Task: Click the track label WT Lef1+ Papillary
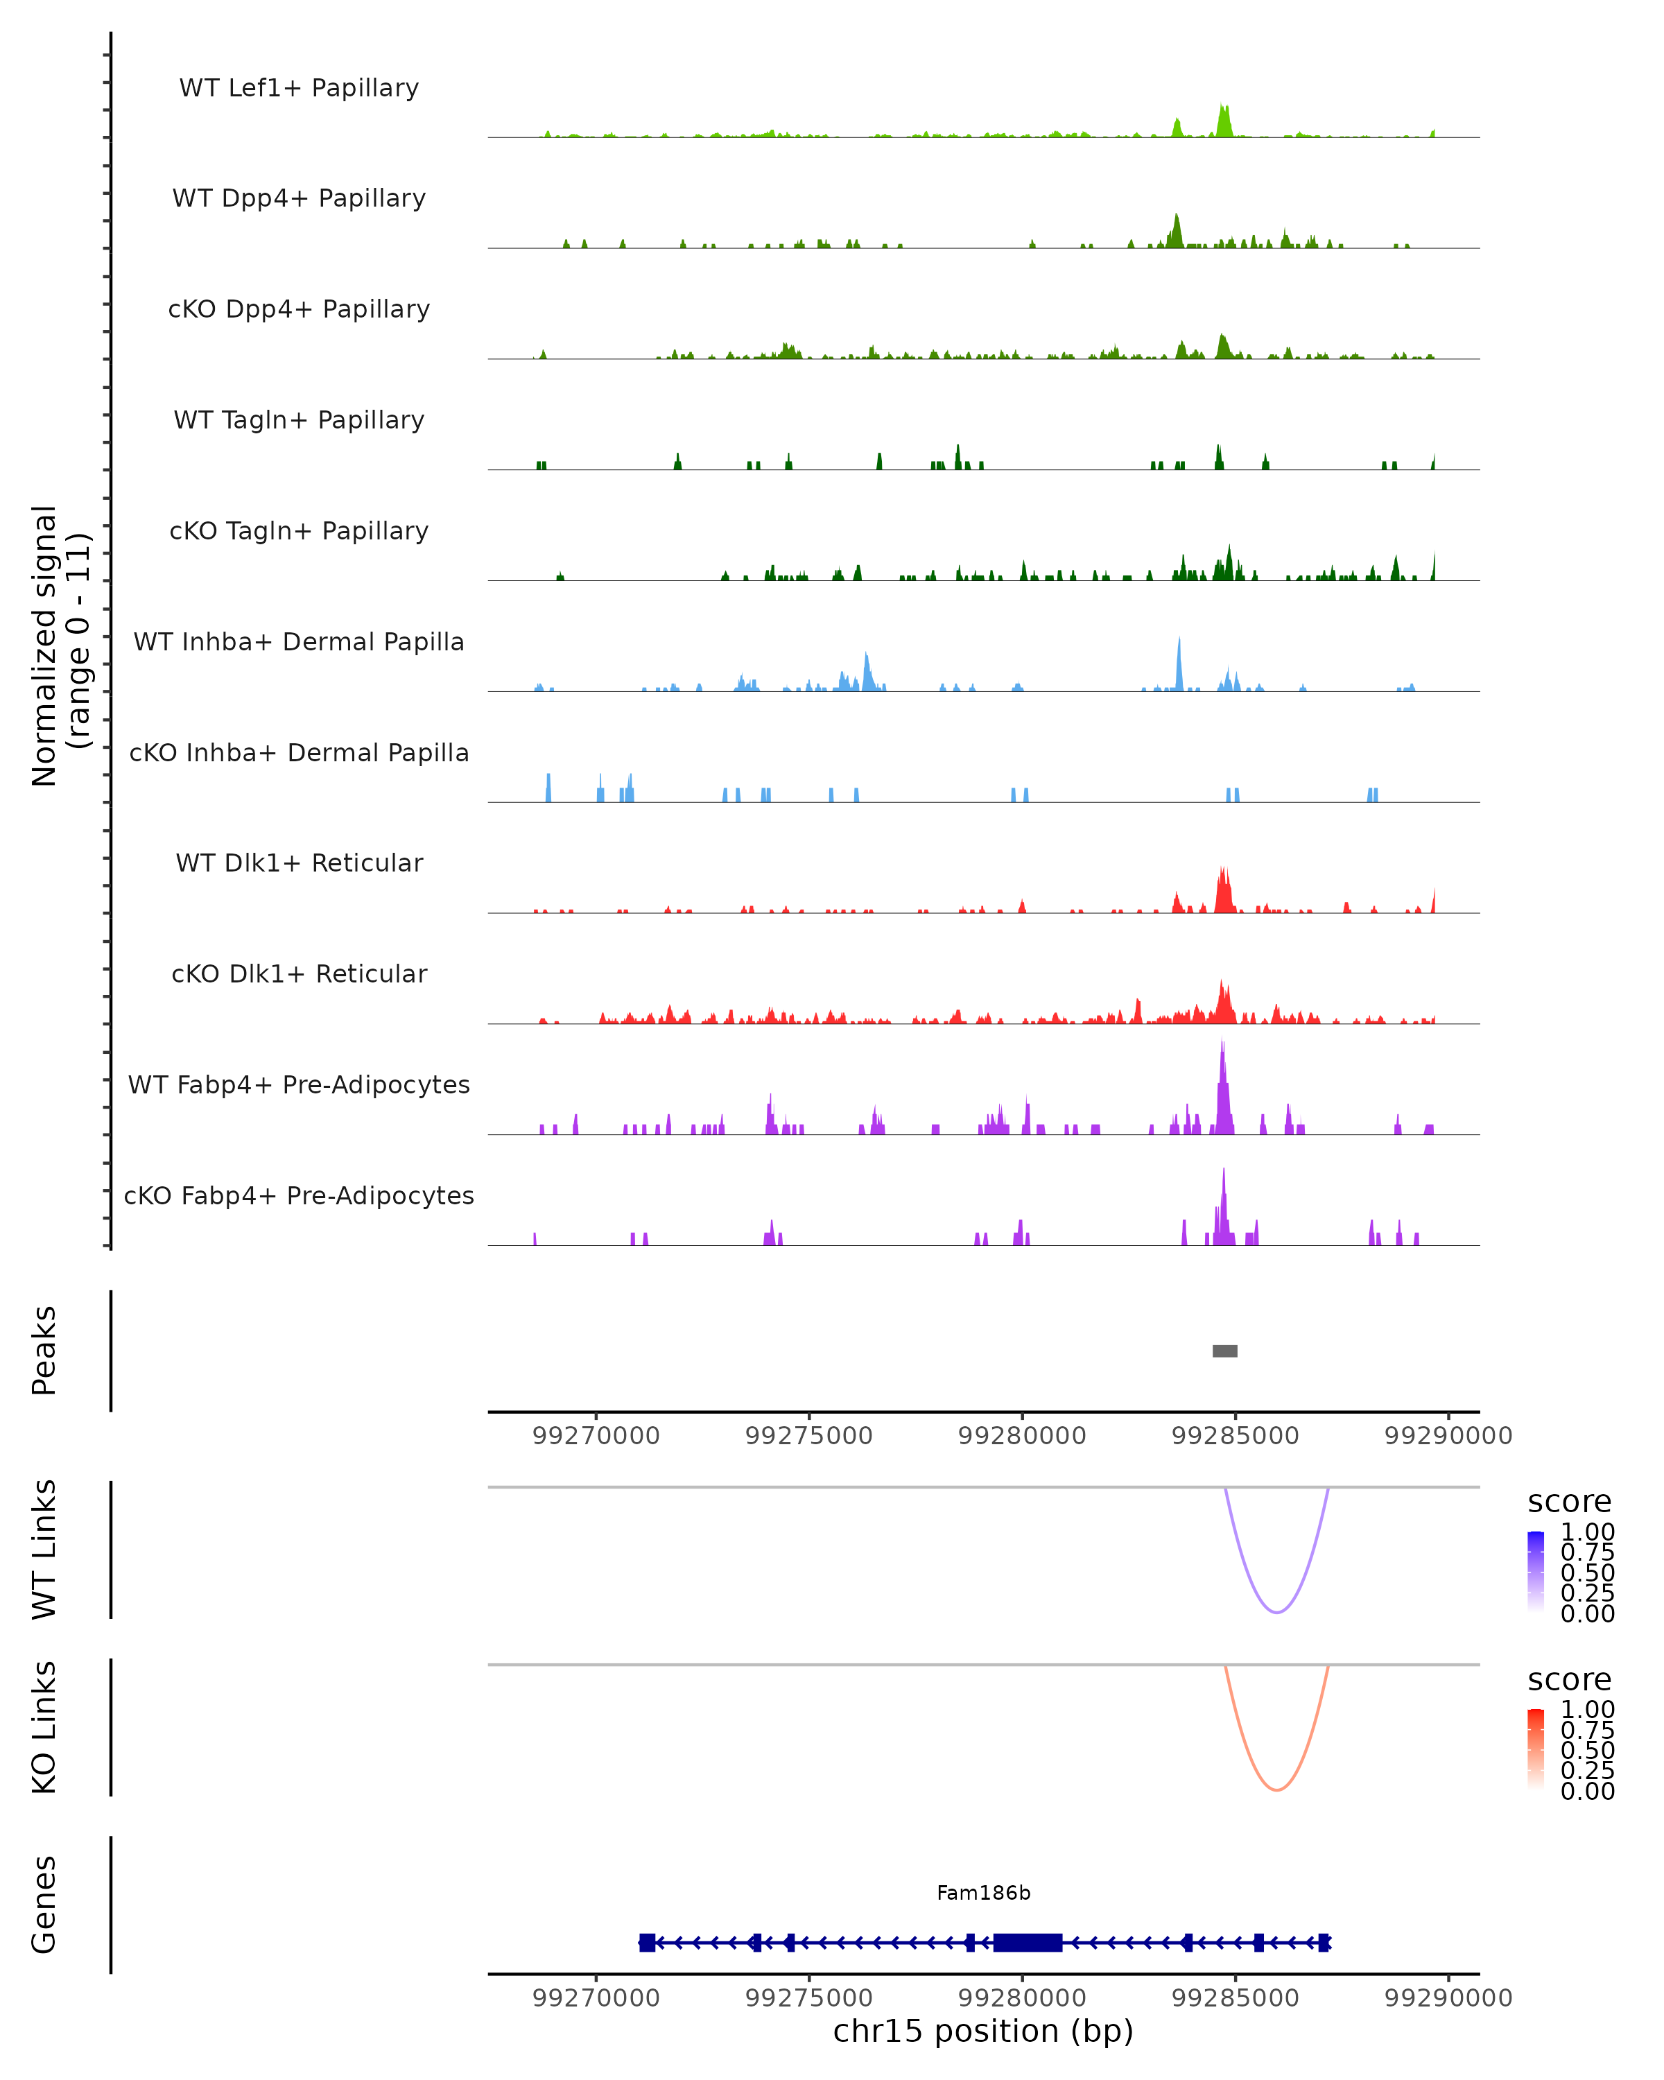[299, 88]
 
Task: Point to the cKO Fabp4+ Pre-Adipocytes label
[299, 1195]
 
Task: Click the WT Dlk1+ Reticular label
[299, 863]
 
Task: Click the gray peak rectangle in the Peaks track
[1224, 1351]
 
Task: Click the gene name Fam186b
[983, 1893]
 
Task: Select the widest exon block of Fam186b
[1028, 1942]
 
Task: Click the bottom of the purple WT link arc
[1276, 1612]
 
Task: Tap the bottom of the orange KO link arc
[1276, 1789]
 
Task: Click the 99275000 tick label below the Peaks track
[808, 1436]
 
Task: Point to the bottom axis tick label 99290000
[1447, 1998]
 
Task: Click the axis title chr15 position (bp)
[983, 2031]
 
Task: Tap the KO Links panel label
[44, 1727]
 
